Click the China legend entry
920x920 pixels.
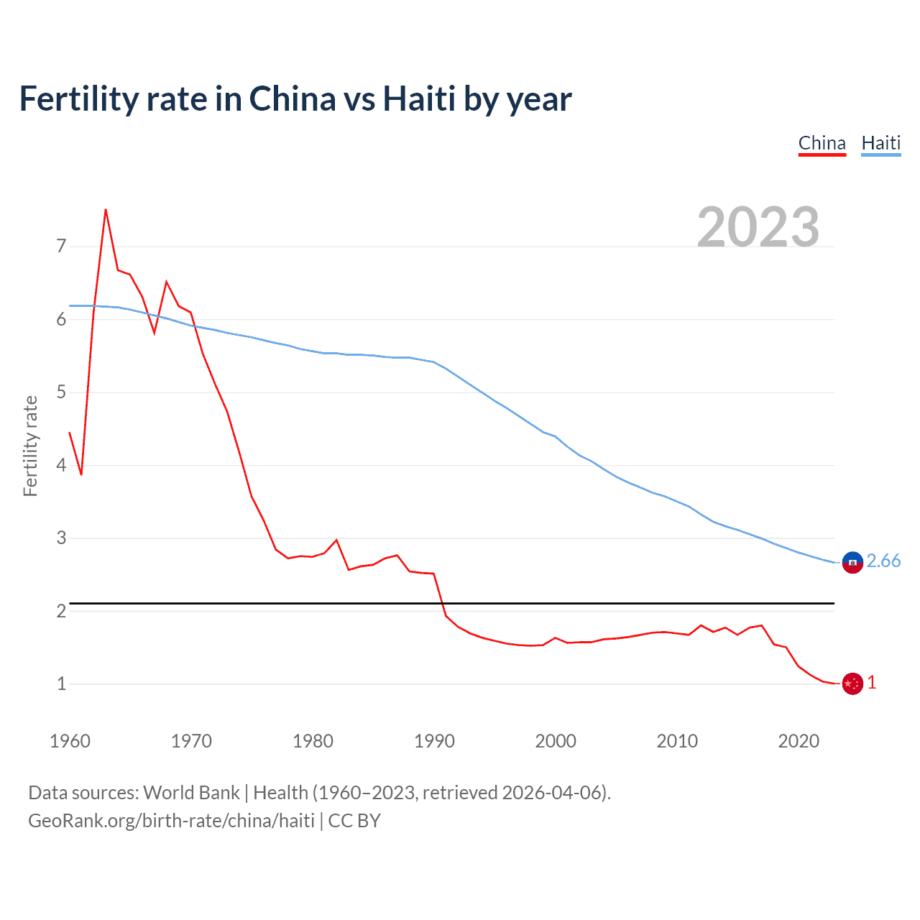822,143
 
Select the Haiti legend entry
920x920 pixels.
880,143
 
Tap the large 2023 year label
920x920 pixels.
758,227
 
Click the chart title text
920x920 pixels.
295,99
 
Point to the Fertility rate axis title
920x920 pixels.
30,446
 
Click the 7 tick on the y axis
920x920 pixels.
61,247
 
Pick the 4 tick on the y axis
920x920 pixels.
61,465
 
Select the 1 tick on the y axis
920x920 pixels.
61,684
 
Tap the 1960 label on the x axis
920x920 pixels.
70,741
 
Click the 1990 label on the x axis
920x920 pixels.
434,741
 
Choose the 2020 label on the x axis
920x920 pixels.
799,741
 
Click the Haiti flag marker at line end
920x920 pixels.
852,562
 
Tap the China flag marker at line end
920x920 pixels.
852,684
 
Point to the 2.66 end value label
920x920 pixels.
883,561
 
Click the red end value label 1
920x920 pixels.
872,683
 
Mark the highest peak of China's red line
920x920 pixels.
106,210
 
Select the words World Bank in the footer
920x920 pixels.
191,793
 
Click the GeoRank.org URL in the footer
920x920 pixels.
171,821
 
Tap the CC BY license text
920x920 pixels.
354,821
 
